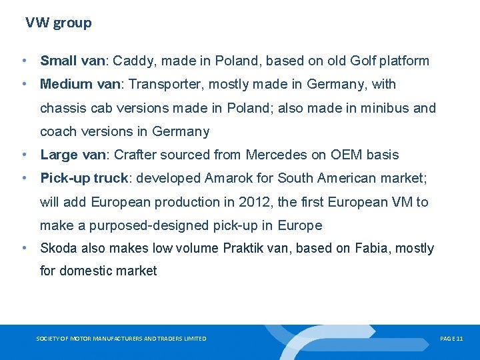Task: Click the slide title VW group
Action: [x=59, y=23]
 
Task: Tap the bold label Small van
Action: [x=73, y=61]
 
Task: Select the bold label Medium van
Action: [x=81, y=85]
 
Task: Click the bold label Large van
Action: [x=73, y=155]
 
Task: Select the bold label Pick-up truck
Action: [x=83, y=179]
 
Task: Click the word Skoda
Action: [x=58, y=249]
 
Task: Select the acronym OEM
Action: [x=343, y=155]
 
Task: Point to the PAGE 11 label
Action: [x=451, y=339]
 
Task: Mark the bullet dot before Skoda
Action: [x=24, y=249]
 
